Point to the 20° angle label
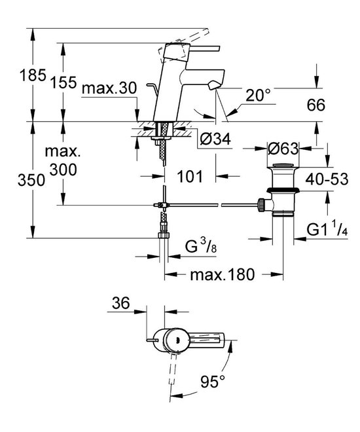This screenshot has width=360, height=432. click(258, 95)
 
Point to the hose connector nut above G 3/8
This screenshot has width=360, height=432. click(162, 230)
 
